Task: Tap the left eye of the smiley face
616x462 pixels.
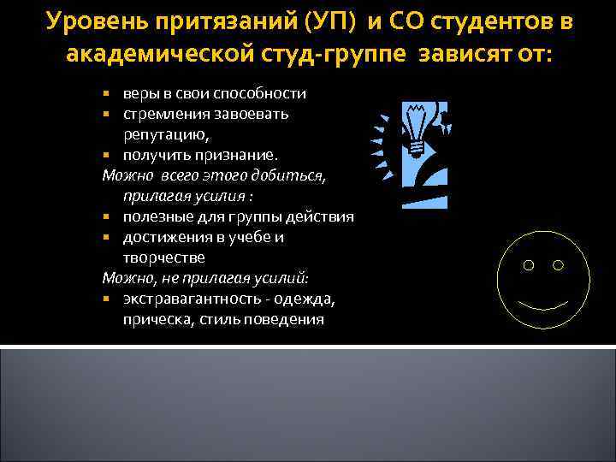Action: coord(528,266)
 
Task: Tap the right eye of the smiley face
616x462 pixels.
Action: coord(559,266)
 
